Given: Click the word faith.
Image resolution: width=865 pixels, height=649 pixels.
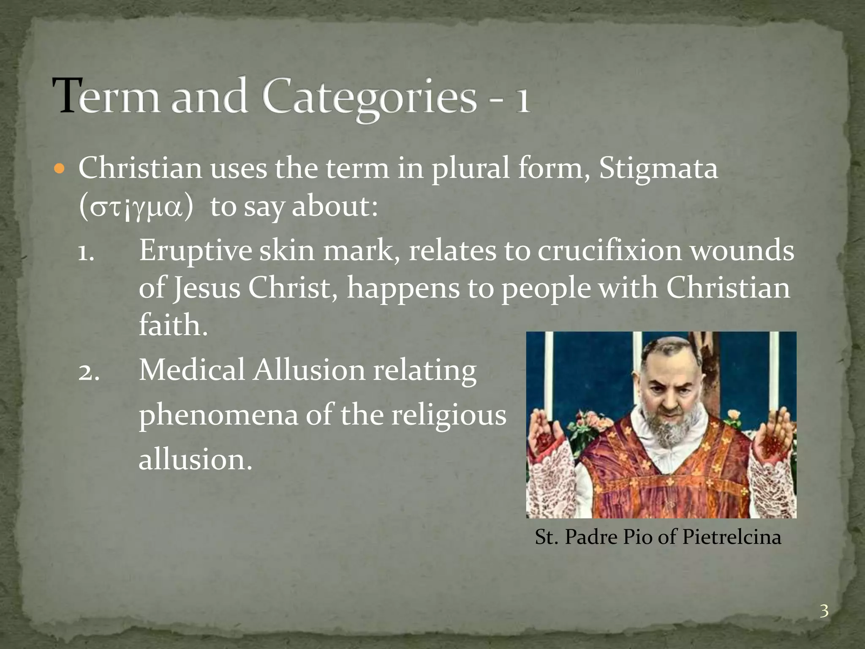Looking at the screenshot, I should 173,325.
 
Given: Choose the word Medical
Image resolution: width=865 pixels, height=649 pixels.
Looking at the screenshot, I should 192,371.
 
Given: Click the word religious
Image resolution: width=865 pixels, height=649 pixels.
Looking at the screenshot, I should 448,416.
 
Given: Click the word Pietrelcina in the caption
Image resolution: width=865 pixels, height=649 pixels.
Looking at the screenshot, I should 731,537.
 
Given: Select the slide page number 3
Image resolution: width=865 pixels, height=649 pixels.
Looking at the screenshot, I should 824,611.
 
